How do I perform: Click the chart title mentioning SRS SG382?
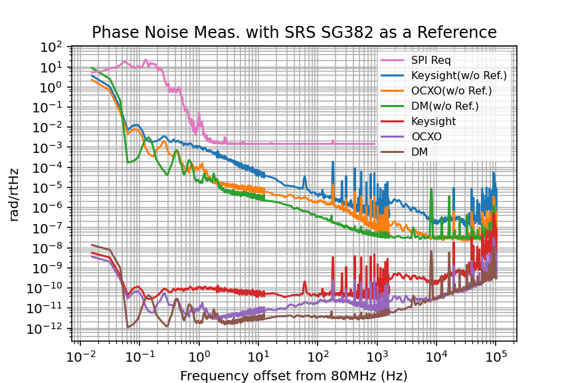[x=294, y=33]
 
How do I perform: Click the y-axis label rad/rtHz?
[x=15, y=194]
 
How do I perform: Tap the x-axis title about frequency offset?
[x=294, y=376]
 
